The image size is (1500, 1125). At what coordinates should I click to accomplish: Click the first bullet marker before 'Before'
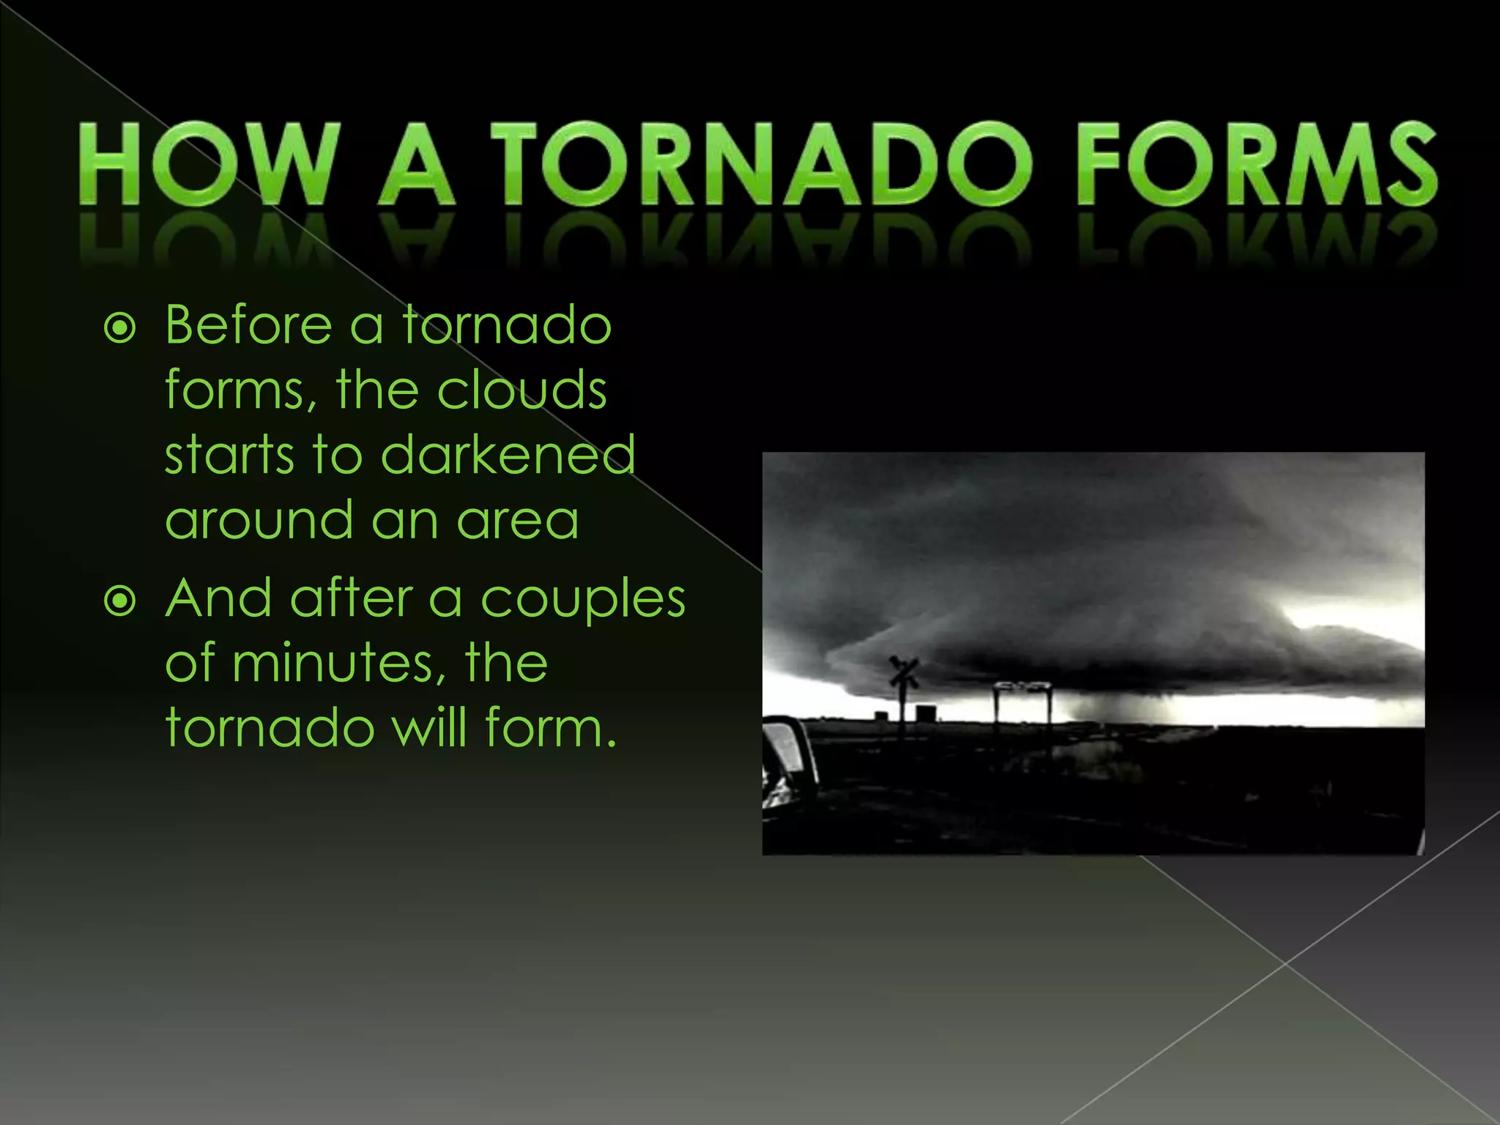pyautogui.click(x=120, y=329)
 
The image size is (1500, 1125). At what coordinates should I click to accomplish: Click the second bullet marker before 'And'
pyautogui.click(x=120, y=601)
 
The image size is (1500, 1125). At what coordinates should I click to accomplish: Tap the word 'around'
pyautogui.click(x=259, y=520)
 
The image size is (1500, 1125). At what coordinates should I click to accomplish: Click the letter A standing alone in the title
pyautogui.click(x=417, y=164)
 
